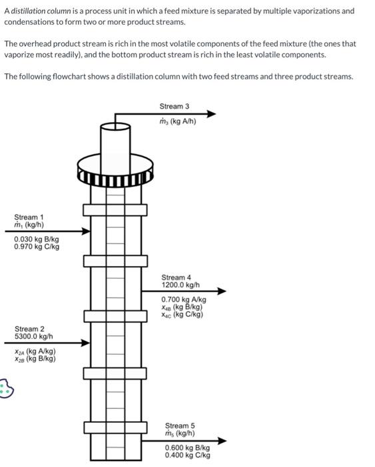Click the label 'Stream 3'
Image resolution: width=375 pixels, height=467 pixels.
click(175, 107)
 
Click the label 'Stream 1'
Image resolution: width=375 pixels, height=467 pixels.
click(29, 217)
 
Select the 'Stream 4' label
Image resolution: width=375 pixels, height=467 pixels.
click(176, 278)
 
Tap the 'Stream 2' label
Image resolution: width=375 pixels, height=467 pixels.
click(29, 329)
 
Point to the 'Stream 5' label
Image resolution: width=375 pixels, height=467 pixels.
click(180, 426)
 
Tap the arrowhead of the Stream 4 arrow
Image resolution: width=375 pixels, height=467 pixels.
click(222, 291)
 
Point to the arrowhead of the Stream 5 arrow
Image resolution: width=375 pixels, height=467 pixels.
click(222, 440)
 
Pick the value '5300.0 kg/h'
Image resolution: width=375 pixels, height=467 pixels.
click(33, 337)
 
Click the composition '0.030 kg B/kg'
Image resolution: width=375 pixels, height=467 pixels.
click(37, 240)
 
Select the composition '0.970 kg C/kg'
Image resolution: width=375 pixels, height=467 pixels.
click(37, 247)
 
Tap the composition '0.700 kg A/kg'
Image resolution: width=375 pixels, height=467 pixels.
click(184, 300)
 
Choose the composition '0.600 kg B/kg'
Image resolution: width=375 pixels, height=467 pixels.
click(187, 448)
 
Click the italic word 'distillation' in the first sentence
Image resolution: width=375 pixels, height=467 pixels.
click(29, 11)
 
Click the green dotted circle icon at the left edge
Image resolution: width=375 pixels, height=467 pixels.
click(5, 388)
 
